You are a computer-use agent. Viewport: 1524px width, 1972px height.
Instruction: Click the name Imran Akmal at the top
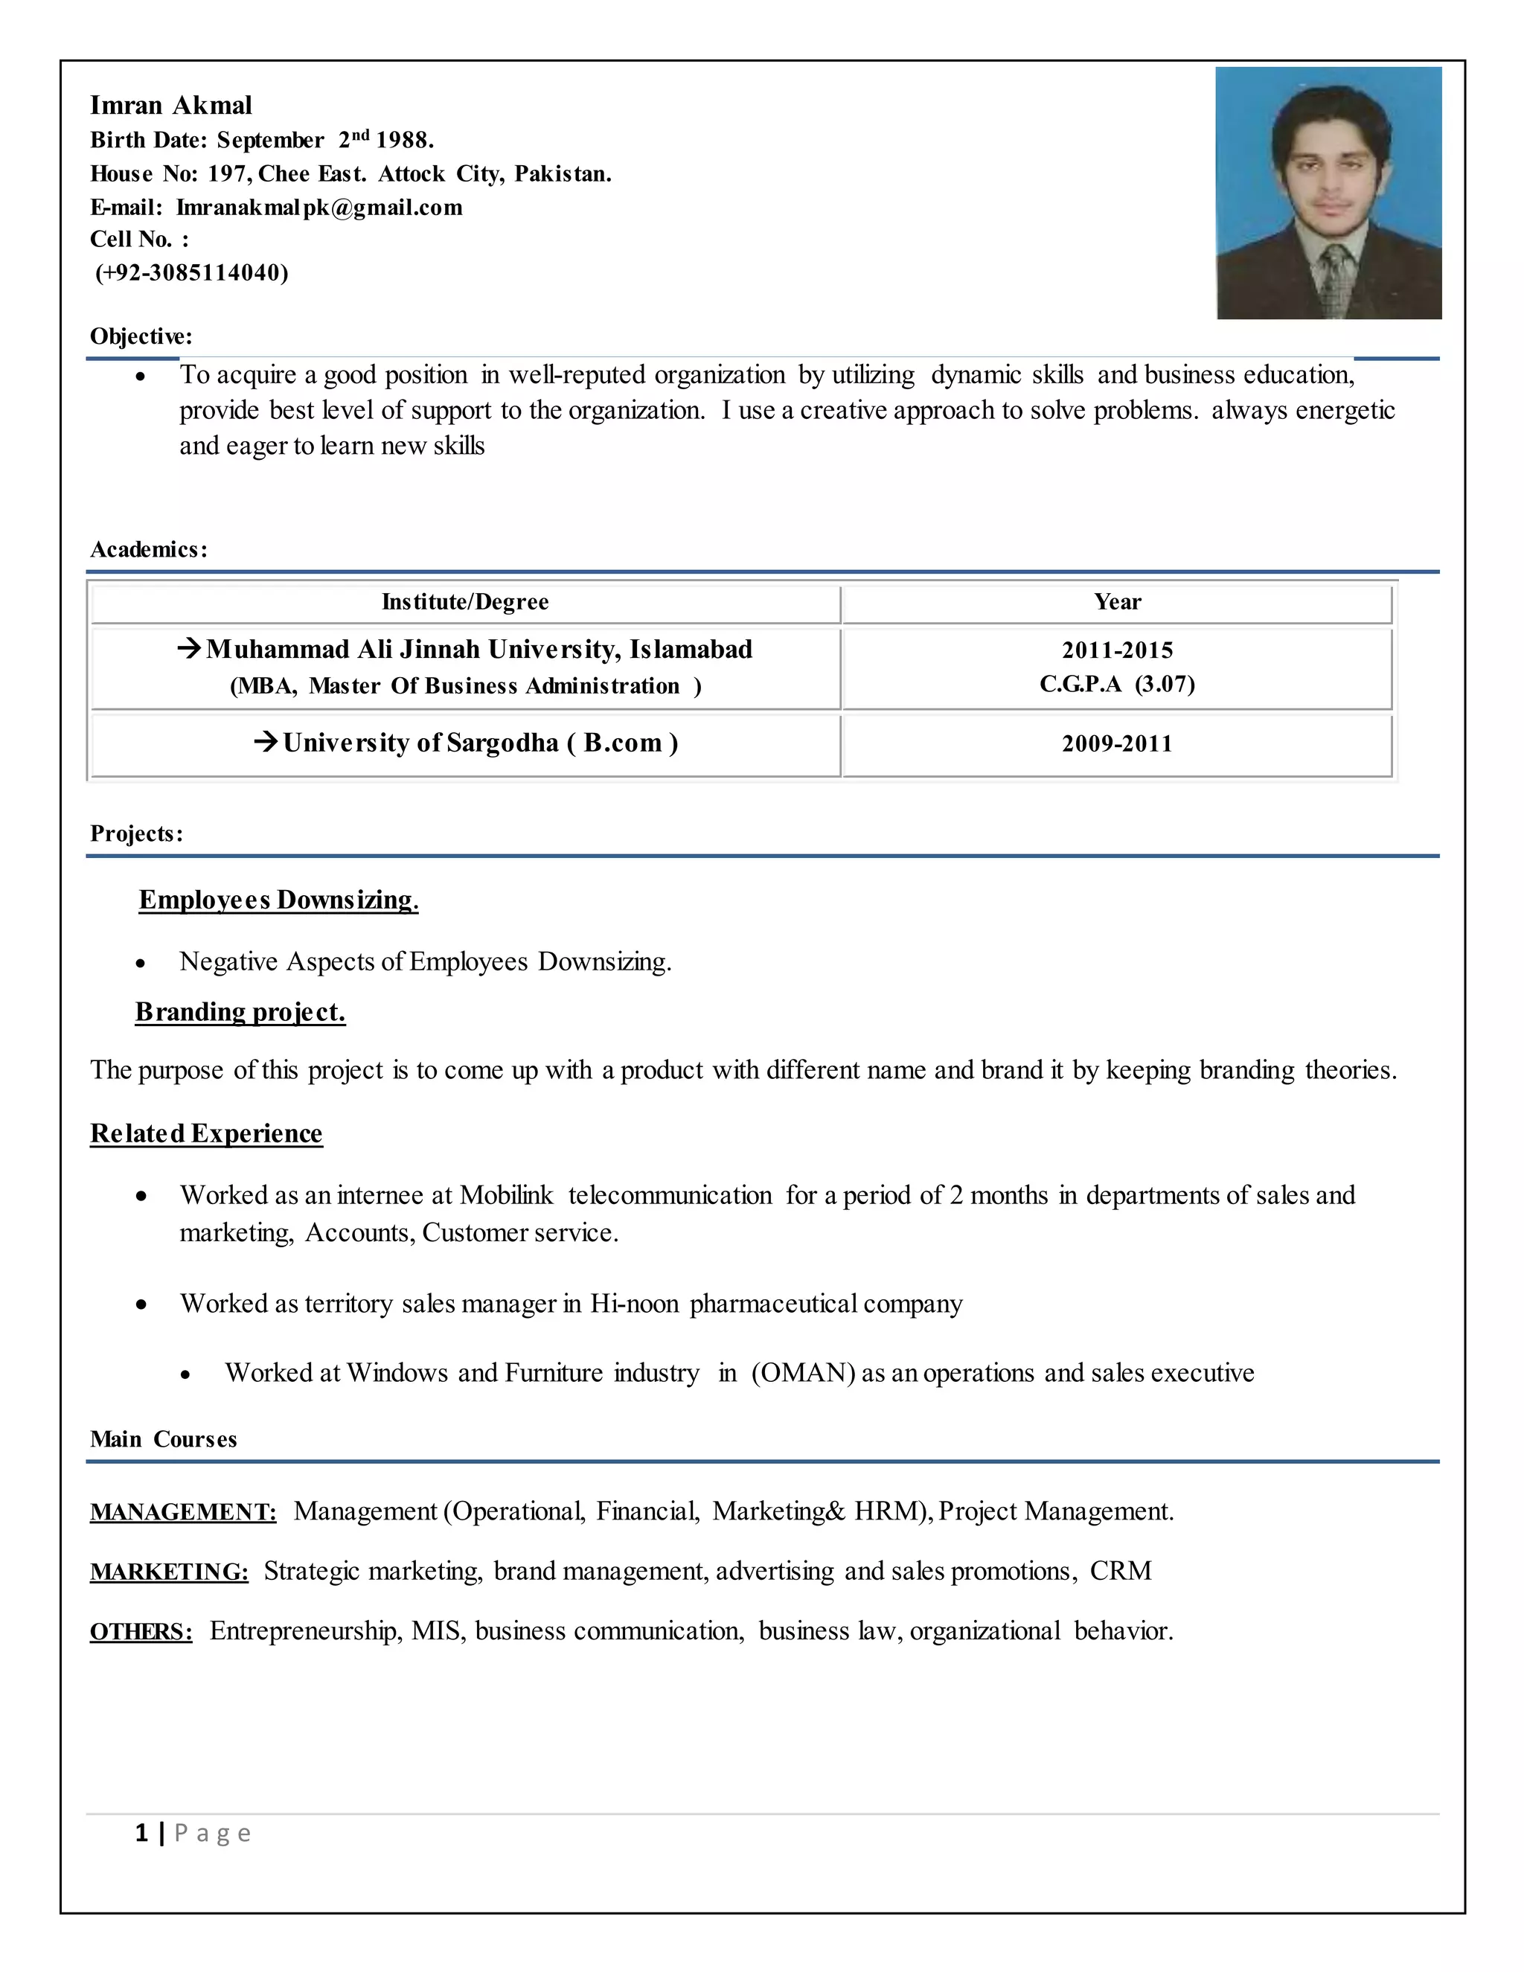[x=170, y=106]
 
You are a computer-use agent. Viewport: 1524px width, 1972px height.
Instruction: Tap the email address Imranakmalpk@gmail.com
[x=318, y=208]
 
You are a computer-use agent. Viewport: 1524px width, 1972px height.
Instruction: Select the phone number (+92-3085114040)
[x=191, y=272]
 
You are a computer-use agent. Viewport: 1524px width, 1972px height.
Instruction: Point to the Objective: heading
[x=141, y=337]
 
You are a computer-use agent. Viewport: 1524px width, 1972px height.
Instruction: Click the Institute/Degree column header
[x=465, y=602]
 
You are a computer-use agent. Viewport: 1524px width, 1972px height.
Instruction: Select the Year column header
[x=1117, y=602]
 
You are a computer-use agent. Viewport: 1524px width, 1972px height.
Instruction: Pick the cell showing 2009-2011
[x=1117, y=744]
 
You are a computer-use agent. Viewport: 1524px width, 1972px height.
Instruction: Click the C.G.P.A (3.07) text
[x=1117, y=685]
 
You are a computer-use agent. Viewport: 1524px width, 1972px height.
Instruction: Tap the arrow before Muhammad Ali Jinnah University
[x=189, y=648]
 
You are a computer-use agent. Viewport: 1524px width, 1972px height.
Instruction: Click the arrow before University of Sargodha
[x=266, y=742]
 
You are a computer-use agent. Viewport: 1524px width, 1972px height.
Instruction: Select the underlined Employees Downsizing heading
[x=278, y=900]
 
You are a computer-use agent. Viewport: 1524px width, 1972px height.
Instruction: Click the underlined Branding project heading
[x=240, y=1012]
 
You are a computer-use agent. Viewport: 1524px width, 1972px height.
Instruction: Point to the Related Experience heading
[x=206, y=1134]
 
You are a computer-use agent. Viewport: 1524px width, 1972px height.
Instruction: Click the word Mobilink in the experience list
[x=505, y=1196]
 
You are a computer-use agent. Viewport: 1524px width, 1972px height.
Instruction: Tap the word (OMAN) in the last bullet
[x=803, y=1374]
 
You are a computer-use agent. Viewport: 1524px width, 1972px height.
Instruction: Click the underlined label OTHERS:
[x=141, y=1632]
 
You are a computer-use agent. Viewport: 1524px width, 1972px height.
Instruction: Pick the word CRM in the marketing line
[x=1121, y=1571]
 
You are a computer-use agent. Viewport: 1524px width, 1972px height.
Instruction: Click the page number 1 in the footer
[x=141, y=1833]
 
